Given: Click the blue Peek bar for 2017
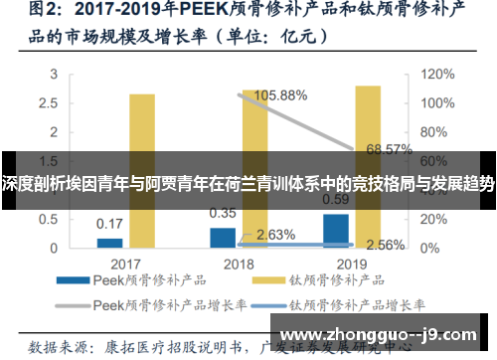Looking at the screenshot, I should click(x=109, y=242).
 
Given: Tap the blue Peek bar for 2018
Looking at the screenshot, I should click(x=223, y=237).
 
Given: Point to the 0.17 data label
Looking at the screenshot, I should click(x=109, y=223).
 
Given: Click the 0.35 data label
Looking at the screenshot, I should click(x=223, y=213).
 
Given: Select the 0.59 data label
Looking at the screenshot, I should click(x=336, y=199).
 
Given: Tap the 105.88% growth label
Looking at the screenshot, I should click(x=280, y=95).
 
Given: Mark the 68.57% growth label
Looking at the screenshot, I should click(x=389, y=150).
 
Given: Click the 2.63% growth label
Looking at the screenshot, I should click(x=275, y=235).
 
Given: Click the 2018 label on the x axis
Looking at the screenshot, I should click(x=239, y=264).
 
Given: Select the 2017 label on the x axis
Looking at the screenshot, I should click(x=126, y=264).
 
